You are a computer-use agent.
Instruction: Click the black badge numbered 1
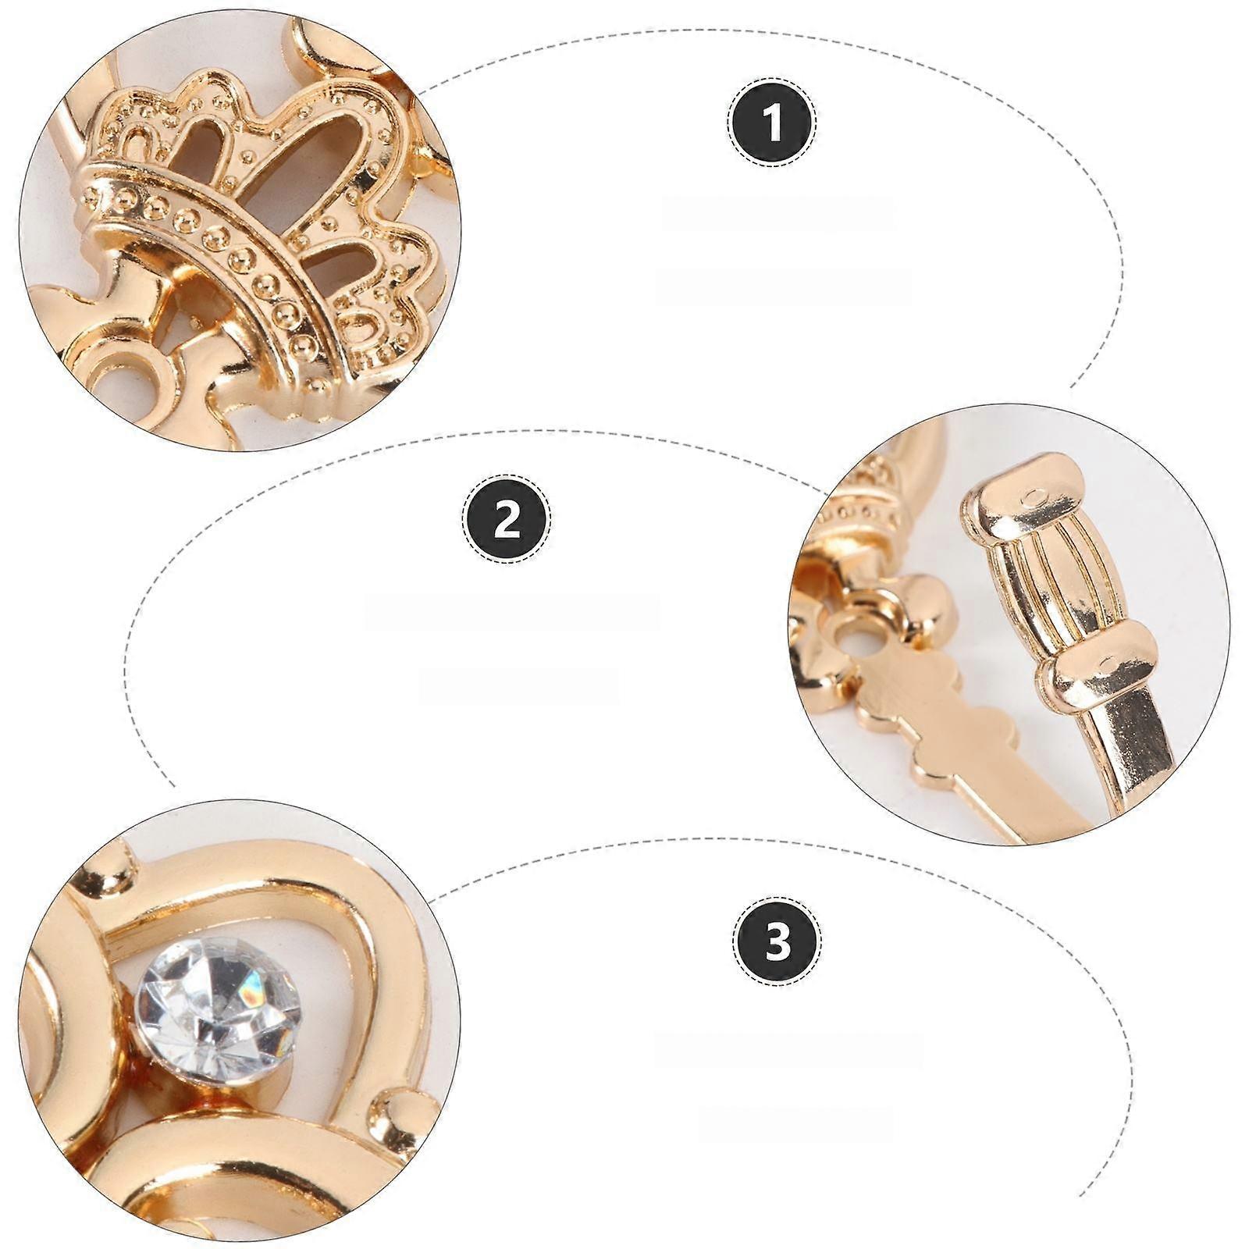coord(774,123)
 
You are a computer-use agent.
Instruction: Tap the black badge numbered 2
coord(507,518)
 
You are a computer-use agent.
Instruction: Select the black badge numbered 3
coord(778,942)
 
